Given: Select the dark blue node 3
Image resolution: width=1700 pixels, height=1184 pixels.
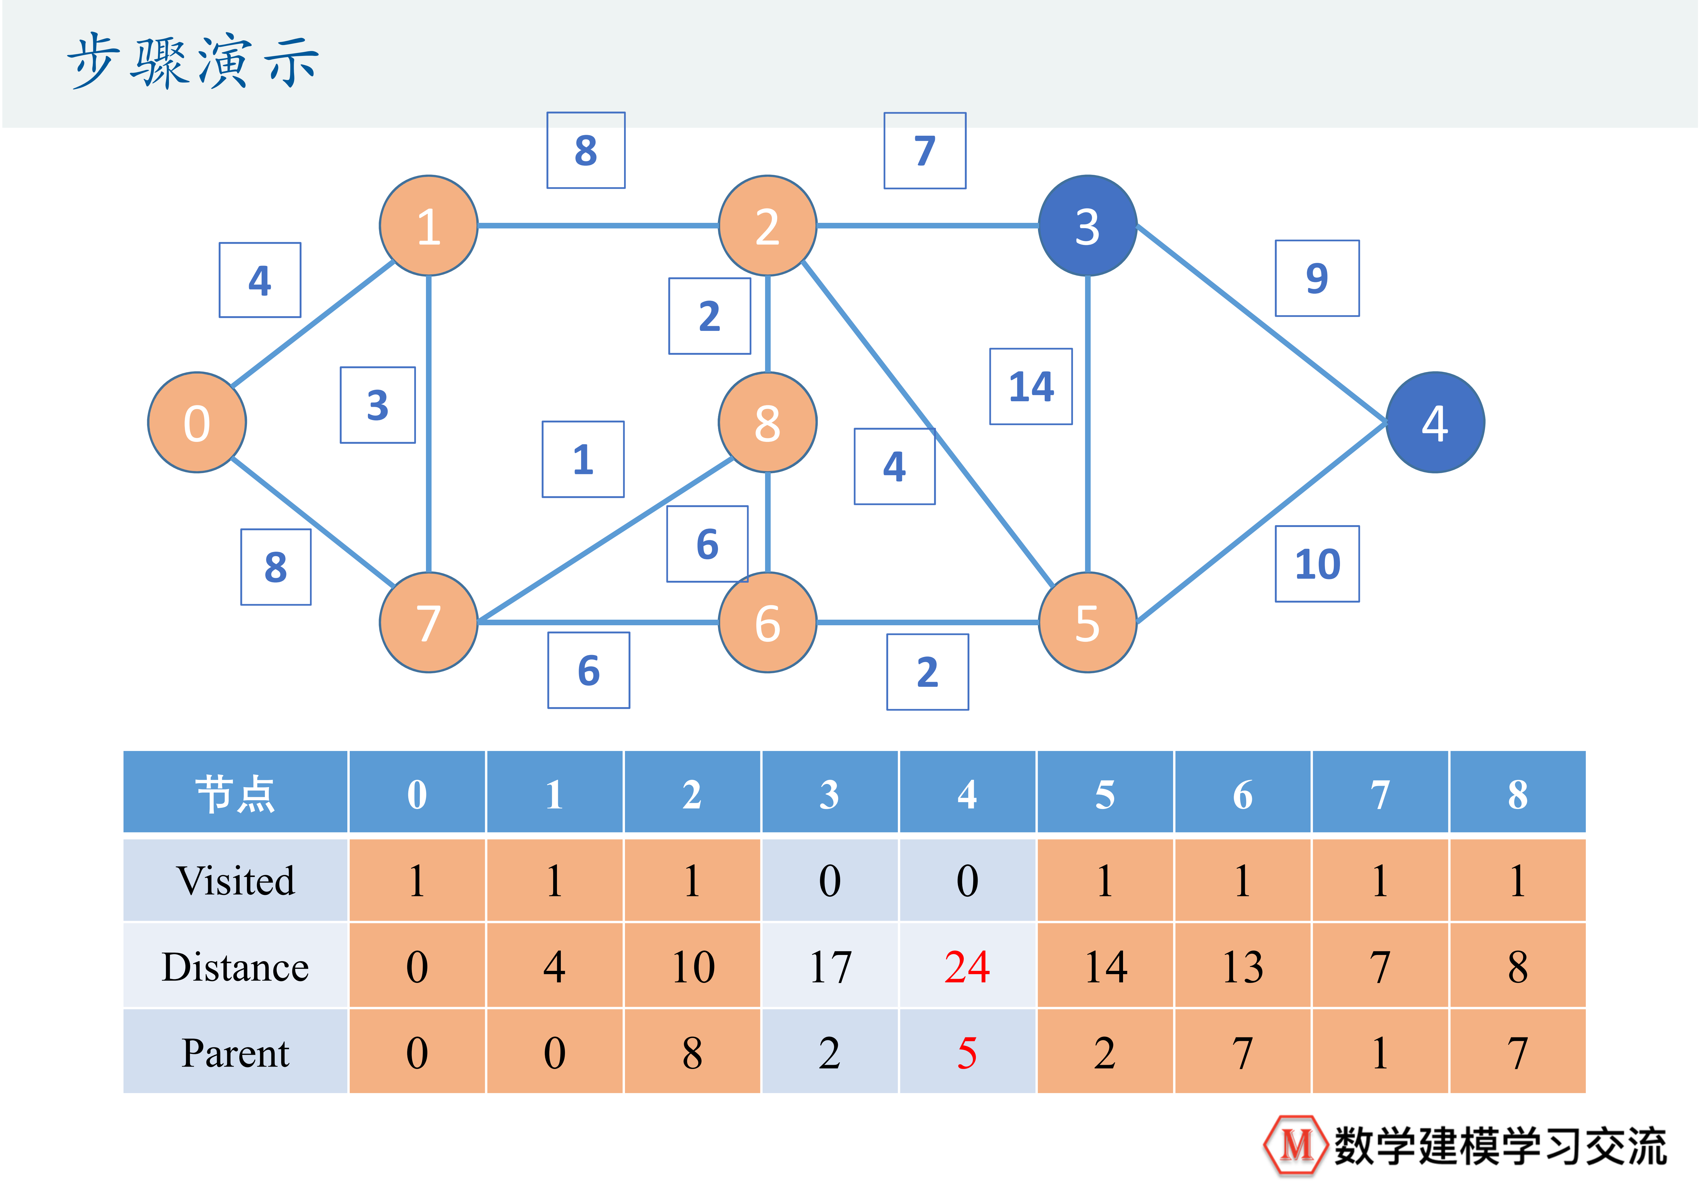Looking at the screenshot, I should [x=1087, y=226].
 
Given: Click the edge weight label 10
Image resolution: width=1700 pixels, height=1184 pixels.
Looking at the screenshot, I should [x=1316, y=564].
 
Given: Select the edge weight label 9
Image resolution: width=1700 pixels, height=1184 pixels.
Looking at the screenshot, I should [x=1316, y=278].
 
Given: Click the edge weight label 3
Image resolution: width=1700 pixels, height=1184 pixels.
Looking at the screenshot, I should [x=378, y=405].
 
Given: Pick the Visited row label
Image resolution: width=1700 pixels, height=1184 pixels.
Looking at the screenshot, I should [x=235, y=880].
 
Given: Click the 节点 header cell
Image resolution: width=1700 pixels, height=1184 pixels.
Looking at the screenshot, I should [x=235, y=794].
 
